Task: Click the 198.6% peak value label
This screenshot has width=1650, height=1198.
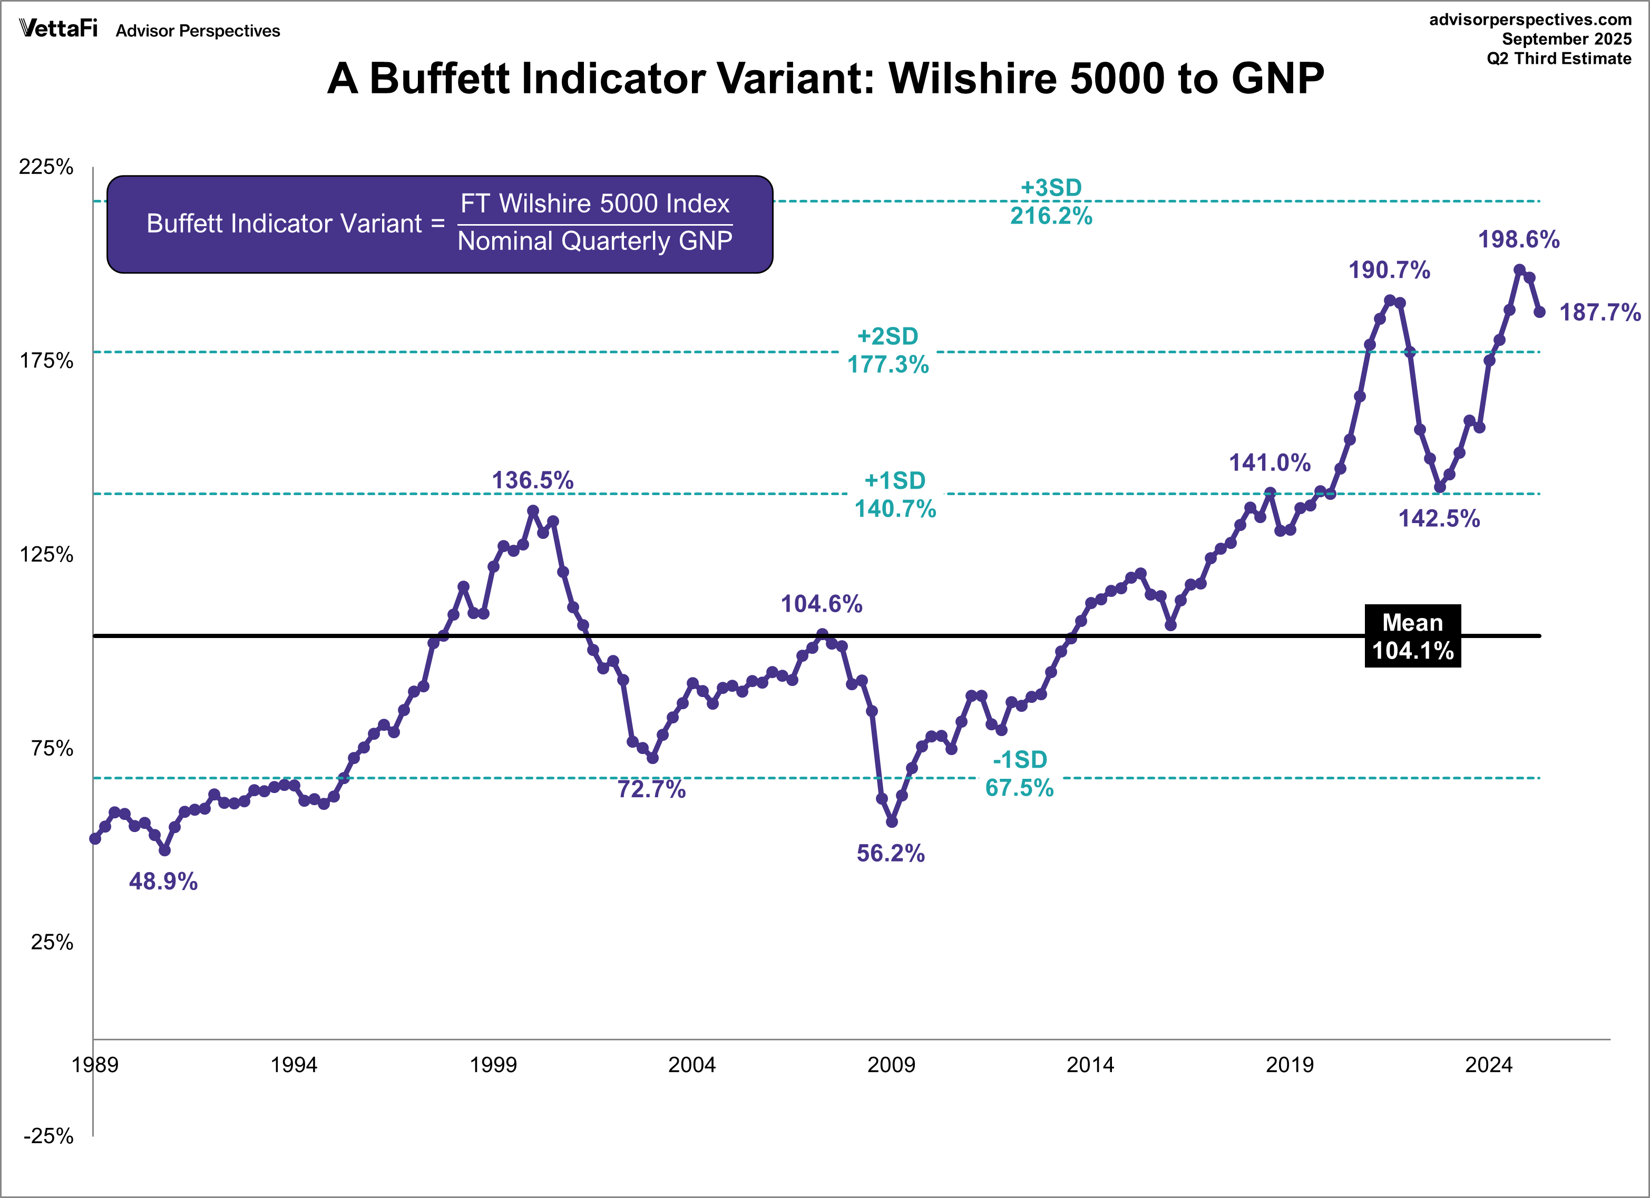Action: click(1518, 239)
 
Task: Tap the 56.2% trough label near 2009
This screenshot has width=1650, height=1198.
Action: click(891, 853)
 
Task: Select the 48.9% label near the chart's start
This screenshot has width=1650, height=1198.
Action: click(163, 882)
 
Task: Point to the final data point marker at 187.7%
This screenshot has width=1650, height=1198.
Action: click(1539, 312)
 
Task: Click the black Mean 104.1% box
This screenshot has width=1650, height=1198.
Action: click(1412, 636)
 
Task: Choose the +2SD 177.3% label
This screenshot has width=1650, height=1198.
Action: click(887, 350)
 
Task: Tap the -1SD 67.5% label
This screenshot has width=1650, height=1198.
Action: click(1019, 774)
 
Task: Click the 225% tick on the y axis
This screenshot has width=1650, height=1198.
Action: click(46, 167)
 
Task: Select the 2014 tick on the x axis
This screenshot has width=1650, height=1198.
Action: click(1090, 1065)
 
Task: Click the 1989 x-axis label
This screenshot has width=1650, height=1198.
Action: click(94, 1065)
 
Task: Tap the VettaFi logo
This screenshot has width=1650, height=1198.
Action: click(58, 28)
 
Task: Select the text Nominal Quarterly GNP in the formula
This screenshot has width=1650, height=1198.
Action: click(594, 241)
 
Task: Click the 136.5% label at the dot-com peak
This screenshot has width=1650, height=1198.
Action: click(533, 480)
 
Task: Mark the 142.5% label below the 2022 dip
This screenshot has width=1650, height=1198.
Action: click(1439, 518)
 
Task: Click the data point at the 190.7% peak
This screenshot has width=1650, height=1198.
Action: click(1390, 300)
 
